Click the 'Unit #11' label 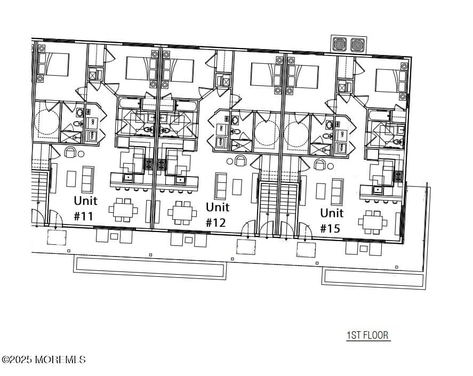pyautogui.click(x=85, y=208)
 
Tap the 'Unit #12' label pyautogui.click(x=218, y=214)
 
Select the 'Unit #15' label pyautogui.click(x=332, y=220)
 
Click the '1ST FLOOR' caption pyautogui.click(x=368, y=335)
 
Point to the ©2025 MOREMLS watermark pyautogui.click(x=43, y=360)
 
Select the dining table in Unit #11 pyautogui.click(x=123, y=210)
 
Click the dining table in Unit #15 pyautogui.click(x=373, y=222)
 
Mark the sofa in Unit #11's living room pyautogui.click(x=87, y=179)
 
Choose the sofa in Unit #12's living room pyautogui.click(x=220, y=186)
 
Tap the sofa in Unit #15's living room pyautogui.click(x=337, y=192)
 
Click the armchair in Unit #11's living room pyautogui.click(x=70, y=153)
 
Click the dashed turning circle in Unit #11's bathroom pyautogui.click(x=46, y=122)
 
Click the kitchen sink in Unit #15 pyautogui.click(x=378, y=189)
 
